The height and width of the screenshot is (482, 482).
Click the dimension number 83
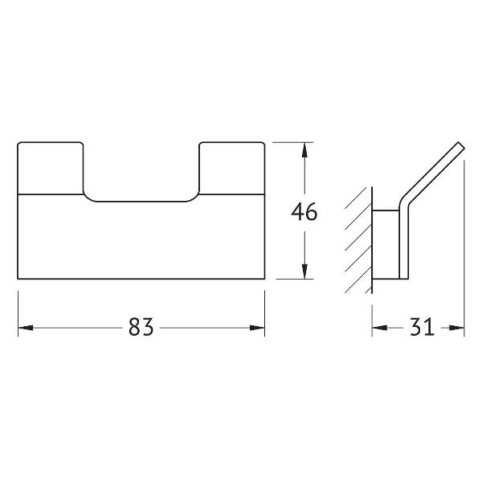pos(141,327)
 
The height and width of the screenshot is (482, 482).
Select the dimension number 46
pos(304,212)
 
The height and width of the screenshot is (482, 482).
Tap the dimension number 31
pos(422,327)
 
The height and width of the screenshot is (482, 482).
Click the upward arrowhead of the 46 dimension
pos(304,150)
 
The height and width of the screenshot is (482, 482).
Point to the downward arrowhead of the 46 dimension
pos(304,272)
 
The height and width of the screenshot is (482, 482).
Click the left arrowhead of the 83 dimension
pos(26,328)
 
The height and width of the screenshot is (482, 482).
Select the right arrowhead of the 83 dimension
pos(257,328)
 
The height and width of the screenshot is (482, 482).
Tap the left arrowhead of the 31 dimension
pos(380,328)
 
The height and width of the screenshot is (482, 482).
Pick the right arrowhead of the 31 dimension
pos(456,328)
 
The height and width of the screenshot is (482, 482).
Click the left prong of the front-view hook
pos(51,168)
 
